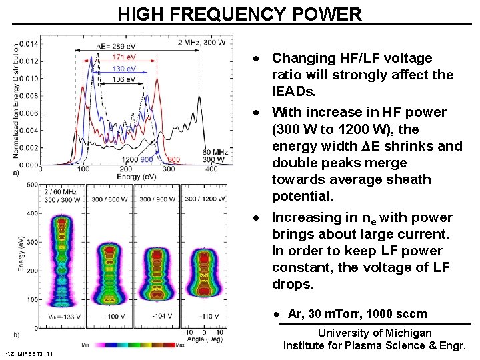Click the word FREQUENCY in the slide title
pos(241,14)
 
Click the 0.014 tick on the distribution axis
pos(29,44)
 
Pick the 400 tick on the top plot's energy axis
pos(212,171)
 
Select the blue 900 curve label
pos(147,160)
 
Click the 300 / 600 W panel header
pos(110,199)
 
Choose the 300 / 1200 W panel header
pos(204,199)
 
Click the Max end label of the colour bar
pos(180,345)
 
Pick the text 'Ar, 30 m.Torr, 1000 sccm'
pos(357,314)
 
